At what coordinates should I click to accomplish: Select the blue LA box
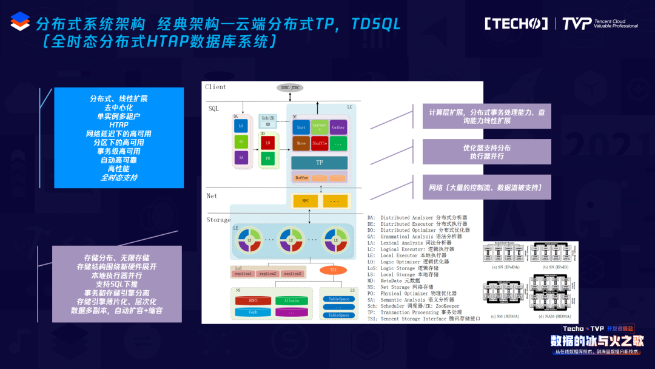tap(241, 126)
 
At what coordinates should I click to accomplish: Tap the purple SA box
tap(241, 158)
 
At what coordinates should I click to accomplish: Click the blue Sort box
tap(301, 127)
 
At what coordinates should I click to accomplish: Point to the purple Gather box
tap(338, 127)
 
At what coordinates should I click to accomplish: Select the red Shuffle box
tap(320, 143)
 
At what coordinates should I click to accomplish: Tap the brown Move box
tap(301, 143)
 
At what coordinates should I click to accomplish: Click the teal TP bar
tap(319, 163)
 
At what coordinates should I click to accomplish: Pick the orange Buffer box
tap(301, 178)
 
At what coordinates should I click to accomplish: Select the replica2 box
tap(268, 274)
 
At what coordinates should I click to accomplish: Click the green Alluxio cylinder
tap(292, 301)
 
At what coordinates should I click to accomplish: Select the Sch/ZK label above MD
tap(267, 117)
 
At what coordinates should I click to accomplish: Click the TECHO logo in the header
tap(516, 24)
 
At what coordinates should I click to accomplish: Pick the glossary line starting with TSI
tap(423, 319)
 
